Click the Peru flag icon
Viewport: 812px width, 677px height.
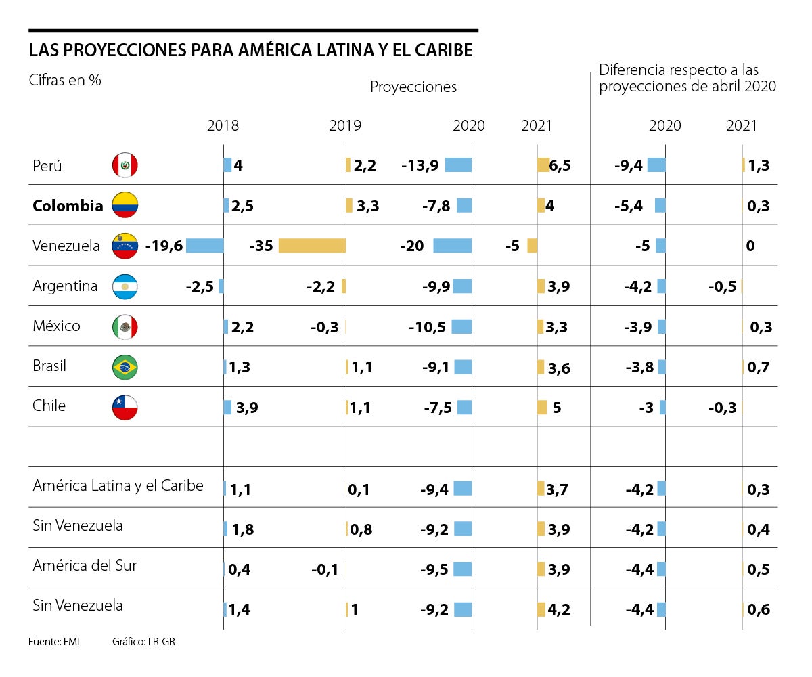click(125, 165)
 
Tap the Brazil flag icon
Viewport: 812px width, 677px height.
click(125, 367)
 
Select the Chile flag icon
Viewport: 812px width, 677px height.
click(125, 407)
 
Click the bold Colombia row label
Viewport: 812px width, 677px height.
click(68, 206)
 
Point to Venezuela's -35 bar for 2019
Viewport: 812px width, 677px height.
click(312, 246)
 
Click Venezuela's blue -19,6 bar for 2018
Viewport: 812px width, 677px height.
click(204, 246)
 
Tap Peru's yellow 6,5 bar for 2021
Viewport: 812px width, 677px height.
click(543, 165)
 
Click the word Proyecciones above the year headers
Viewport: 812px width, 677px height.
click(413, 87)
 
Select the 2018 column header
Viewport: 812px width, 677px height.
click(223, 126)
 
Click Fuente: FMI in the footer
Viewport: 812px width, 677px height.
click(53, 641)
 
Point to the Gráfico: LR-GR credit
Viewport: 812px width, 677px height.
click(143, 641)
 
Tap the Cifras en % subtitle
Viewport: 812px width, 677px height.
click(65, 80)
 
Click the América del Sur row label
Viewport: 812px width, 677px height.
click(85, 565)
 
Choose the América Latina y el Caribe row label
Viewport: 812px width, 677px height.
click(118, 485)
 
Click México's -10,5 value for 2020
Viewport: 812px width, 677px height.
click(427, 327)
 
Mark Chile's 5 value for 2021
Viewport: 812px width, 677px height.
click(557, 408)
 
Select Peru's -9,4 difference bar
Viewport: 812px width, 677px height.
click(656, 165)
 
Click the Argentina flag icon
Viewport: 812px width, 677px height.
click(125, 286)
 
